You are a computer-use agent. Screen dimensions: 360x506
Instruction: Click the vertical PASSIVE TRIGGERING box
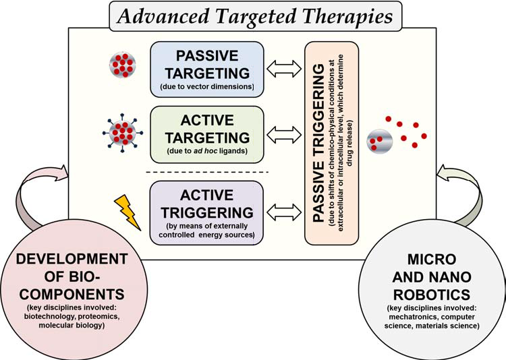tap(331, 142)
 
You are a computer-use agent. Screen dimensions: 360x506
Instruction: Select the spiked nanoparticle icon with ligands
tap(123, 129)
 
